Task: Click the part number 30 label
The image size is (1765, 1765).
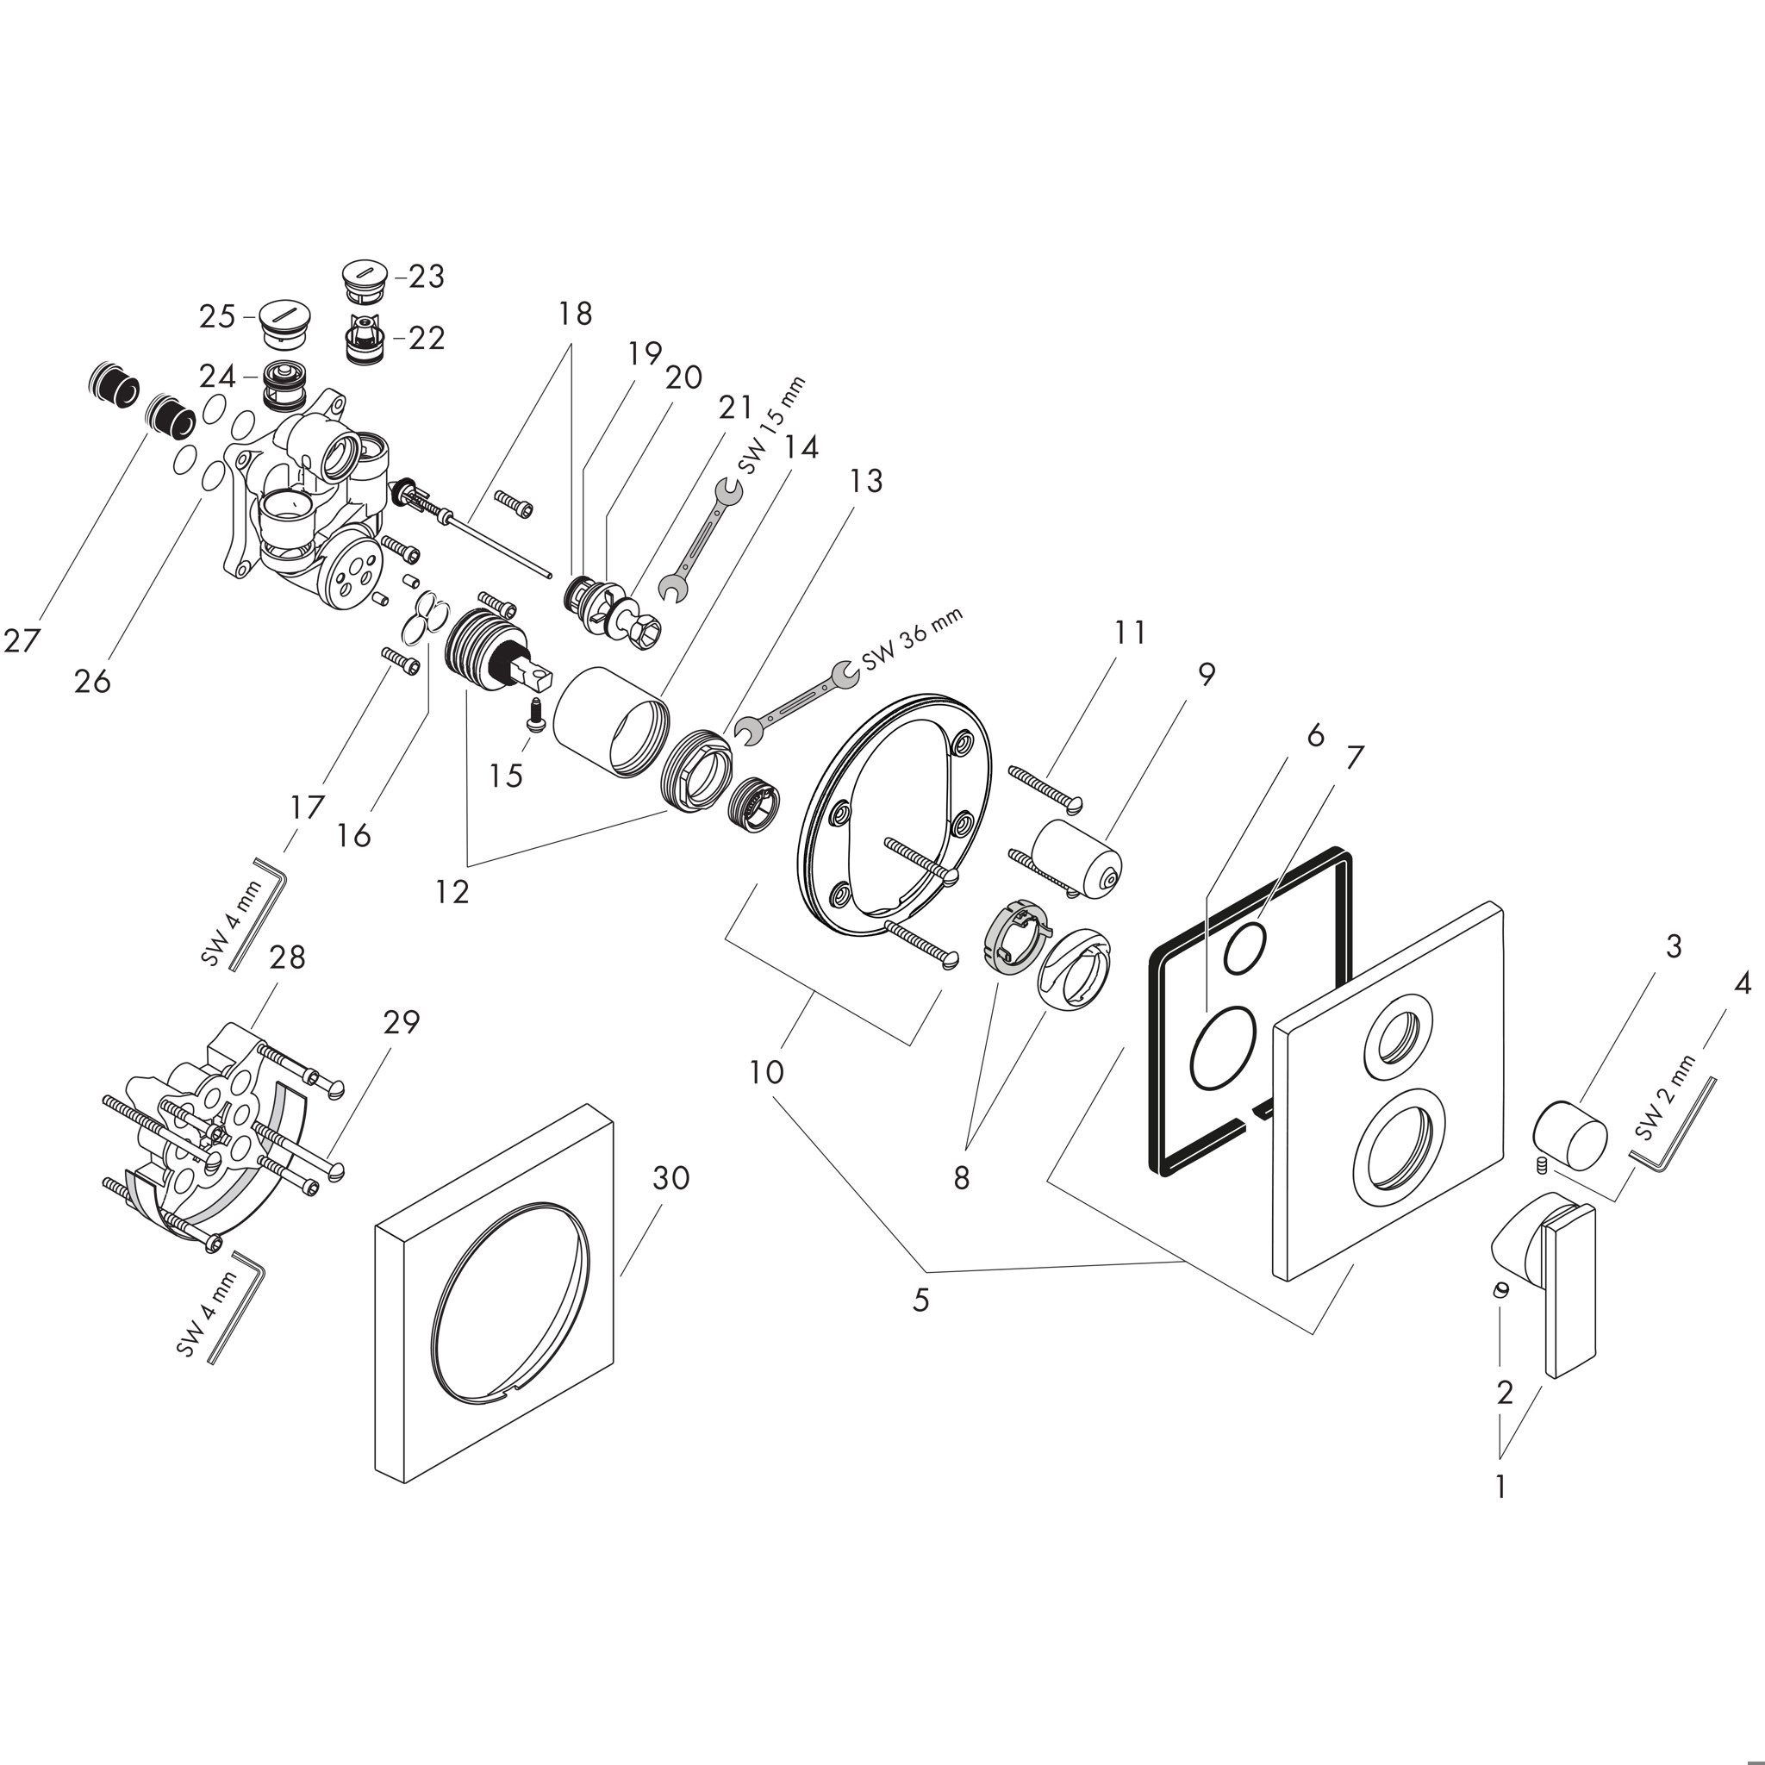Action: (x=670, y=1178)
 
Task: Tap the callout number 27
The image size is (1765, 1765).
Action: (x=22, y=640)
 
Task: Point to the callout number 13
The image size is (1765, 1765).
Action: (x=865, y=481)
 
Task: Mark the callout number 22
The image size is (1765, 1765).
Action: (x=425, y=338)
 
